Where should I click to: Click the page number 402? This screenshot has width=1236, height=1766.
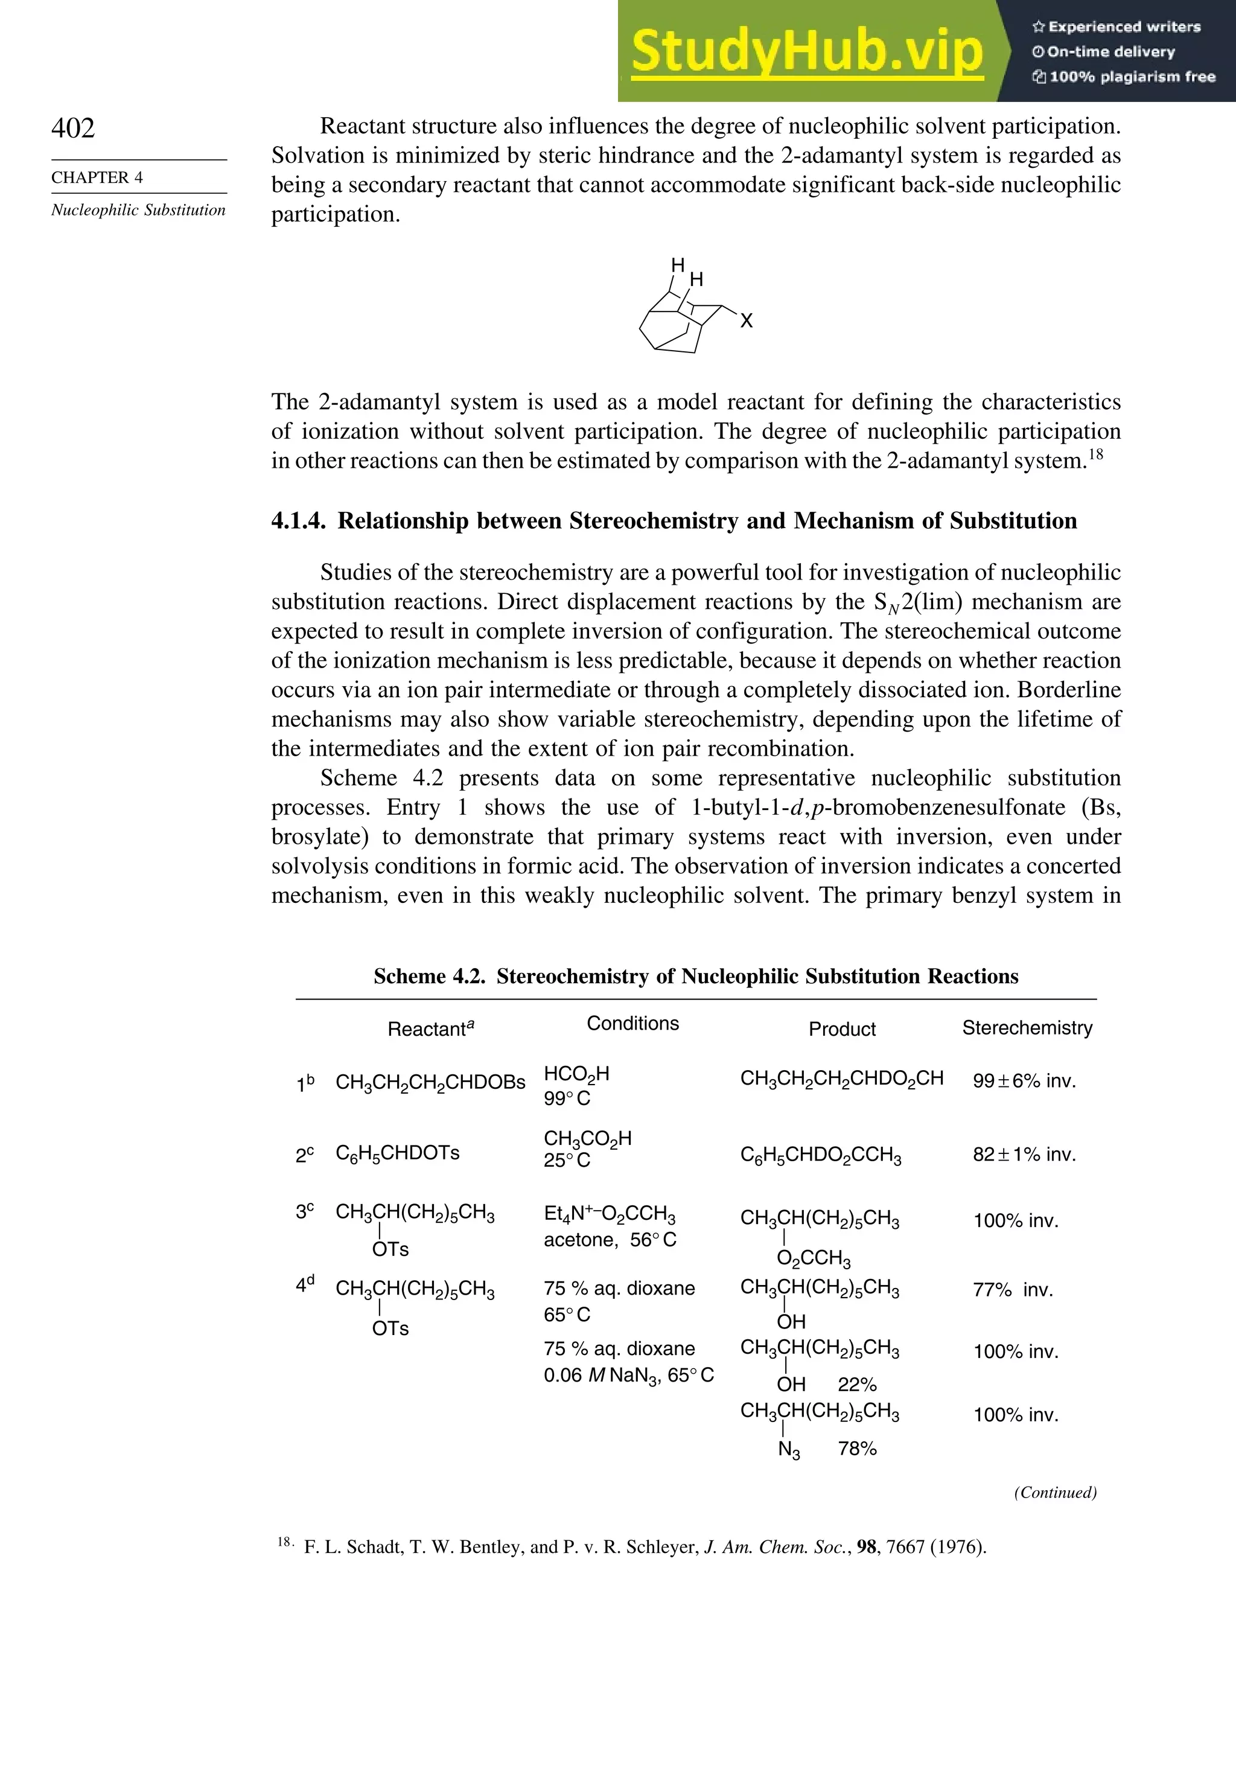[73, 129]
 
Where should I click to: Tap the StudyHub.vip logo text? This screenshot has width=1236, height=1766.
[807, 51]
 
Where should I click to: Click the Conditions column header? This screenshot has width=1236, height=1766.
[632, 1023]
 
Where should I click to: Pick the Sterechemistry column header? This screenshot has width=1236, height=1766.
[1027, 1028]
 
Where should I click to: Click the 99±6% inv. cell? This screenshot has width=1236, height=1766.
[1024, 1081]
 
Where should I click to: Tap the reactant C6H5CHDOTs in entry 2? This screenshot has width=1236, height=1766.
[398, 1153]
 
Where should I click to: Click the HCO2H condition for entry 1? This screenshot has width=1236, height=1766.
[576, 1074]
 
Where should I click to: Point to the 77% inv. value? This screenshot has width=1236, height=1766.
[1012, 1290]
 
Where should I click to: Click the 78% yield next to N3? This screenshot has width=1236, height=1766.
[857, 1449]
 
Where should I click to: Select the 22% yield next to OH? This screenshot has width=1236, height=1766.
[857, 1385]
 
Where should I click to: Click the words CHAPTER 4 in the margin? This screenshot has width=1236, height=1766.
[97, 177]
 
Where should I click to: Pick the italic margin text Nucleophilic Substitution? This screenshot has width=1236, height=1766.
[138, 210]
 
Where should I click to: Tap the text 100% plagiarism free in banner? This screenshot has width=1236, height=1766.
[1130, 76]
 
